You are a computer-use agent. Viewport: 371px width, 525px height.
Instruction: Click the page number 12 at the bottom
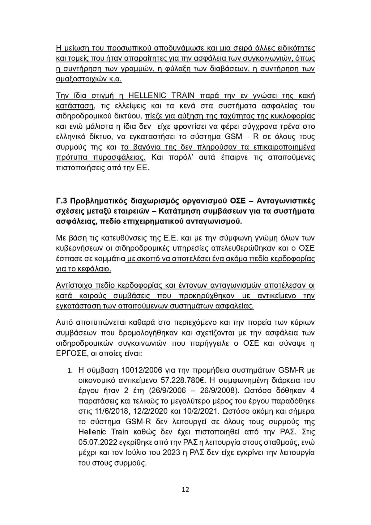point(185,489)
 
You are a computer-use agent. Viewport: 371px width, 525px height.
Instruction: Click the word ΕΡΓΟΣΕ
point(70,354)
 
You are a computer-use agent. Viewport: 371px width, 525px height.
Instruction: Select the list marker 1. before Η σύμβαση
point(70,370)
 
